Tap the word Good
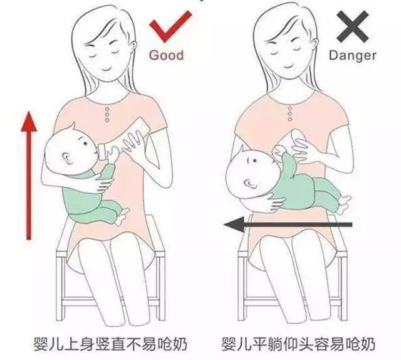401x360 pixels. [166, 55]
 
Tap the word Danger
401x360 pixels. [353, 55]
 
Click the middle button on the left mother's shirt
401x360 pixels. [107, 116]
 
